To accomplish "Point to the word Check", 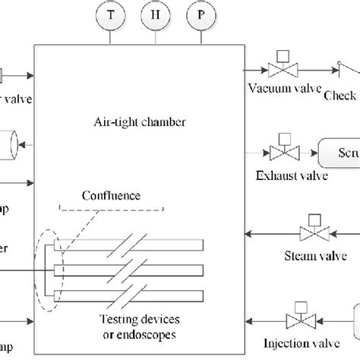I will (339, 95).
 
